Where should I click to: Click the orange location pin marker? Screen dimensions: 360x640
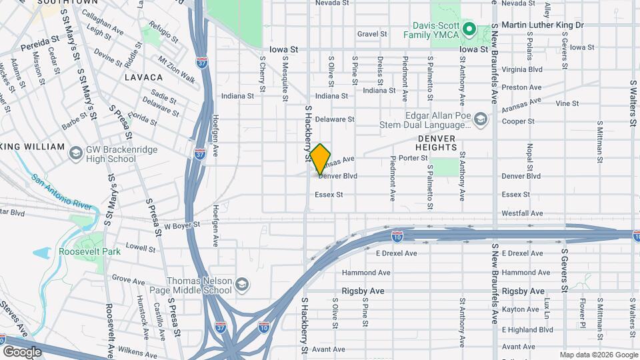321,158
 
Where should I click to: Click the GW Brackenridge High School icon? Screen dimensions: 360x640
76,154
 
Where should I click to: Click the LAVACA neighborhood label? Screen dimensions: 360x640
143,77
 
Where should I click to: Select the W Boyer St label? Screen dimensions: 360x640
182,226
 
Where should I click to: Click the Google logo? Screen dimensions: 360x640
21,351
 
